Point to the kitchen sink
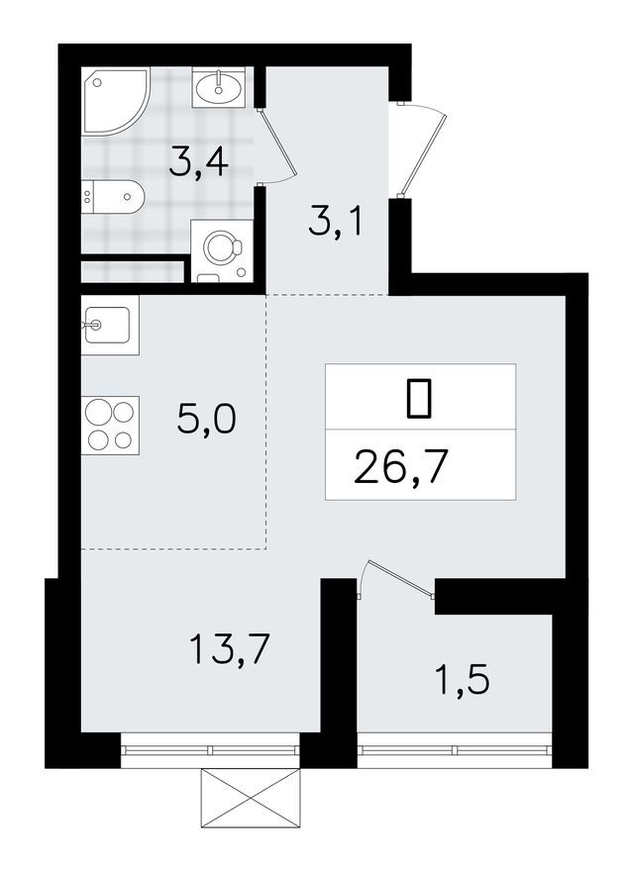click(x=109, y=324)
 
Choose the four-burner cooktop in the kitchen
click(x=110, y=425)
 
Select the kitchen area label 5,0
click(x=206, y=421)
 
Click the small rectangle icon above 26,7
click(x=419, y=397)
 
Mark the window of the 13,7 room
click(x=209, y=749)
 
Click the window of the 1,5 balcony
click(x=453, y=749)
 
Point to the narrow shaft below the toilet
click(x=132, y=271)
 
